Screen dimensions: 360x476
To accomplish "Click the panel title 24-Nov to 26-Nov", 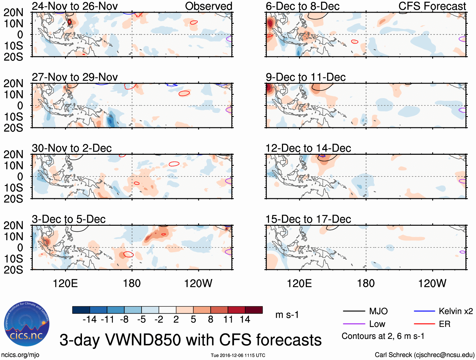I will pyautogui.click(x=75, y=6).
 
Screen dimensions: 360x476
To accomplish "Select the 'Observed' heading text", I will pyautogui.click(x=208, y=6).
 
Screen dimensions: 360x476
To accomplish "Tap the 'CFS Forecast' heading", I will pyautogui.click(x=432, y=6).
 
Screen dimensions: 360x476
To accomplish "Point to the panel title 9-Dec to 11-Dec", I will pyautogui.click(x=305, y=77).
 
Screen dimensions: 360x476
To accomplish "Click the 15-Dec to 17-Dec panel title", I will pyautogui.click(x=308, y=219).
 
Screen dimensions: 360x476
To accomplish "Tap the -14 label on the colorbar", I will pyautogui.click(x=90, y=320).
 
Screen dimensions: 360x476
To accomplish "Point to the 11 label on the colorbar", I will pyautogui.click(x=228, y=320).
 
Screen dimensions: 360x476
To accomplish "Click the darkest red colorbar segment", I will pyautogui.click(x=254, y=310).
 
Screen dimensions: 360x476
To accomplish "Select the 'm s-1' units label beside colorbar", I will pyautogui.click(x=287, y=315).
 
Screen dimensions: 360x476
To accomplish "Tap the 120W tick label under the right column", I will pyautogui.click(x=432, y=283).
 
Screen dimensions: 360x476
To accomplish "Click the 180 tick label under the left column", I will pyautogui.click(x=132, y=283).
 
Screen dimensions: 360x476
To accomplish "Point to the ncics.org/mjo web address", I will pyautogui.click(x=20, y=355).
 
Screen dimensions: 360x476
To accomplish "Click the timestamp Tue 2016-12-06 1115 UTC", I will pyautogui.click(x=238, y=355).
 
